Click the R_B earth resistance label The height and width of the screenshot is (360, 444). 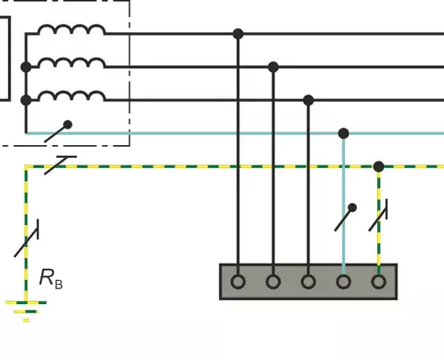pos(51,278)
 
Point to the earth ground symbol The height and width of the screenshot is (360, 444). pos(26,311)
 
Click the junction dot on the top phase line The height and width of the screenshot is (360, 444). pos(239,34)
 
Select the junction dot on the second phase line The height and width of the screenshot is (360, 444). pos(273,67)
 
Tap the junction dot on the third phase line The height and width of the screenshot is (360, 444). pos(308,100)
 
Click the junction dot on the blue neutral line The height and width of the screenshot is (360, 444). pos(344,133)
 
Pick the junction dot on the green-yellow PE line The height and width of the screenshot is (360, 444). pos(379,166)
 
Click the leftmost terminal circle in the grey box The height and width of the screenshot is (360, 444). pos(239,282)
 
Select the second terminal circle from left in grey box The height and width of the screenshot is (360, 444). pos(273,282)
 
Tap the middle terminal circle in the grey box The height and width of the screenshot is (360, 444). pos(308,282)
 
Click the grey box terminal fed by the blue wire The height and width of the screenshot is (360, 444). pos(344,282)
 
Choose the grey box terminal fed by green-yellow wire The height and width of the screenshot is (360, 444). pos(379,282)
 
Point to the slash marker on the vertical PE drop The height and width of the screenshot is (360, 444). pos(379,215)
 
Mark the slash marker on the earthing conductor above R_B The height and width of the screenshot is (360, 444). pos(27,238)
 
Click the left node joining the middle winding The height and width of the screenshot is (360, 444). pos(26,67)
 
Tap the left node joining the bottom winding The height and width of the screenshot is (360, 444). pos(26,100)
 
